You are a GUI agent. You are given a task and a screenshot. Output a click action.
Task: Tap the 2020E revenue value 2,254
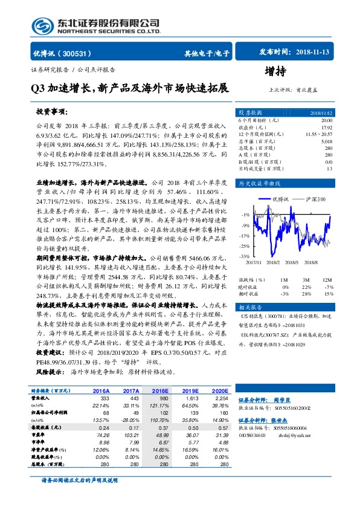222,398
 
